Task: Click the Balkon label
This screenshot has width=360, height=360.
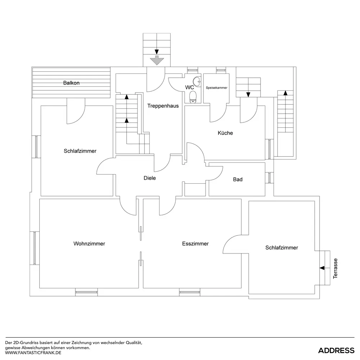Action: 71,83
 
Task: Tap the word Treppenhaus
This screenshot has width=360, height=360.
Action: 163,106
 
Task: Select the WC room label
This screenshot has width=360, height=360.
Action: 190,87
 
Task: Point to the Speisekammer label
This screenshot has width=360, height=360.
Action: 216,88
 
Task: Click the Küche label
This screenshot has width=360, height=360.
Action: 225,133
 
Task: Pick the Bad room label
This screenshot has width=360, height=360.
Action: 238,179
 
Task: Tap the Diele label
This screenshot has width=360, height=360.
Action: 150,178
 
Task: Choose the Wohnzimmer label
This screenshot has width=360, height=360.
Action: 89,244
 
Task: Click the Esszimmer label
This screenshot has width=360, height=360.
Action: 195,244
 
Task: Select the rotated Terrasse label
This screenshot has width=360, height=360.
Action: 336,269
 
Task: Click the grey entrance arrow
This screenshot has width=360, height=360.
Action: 157,60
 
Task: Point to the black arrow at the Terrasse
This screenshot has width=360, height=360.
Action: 322,268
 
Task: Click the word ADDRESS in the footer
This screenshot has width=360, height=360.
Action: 336,350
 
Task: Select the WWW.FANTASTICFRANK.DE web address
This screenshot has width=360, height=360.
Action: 33,353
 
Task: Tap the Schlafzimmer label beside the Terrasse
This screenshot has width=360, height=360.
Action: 282,248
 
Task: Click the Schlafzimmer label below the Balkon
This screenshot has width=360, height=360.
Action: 80,151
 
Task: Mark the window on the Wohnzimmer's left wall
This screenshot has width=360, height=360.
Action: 35,248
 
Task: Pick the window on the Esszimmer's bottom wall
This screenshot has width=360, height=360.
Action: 190,292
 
